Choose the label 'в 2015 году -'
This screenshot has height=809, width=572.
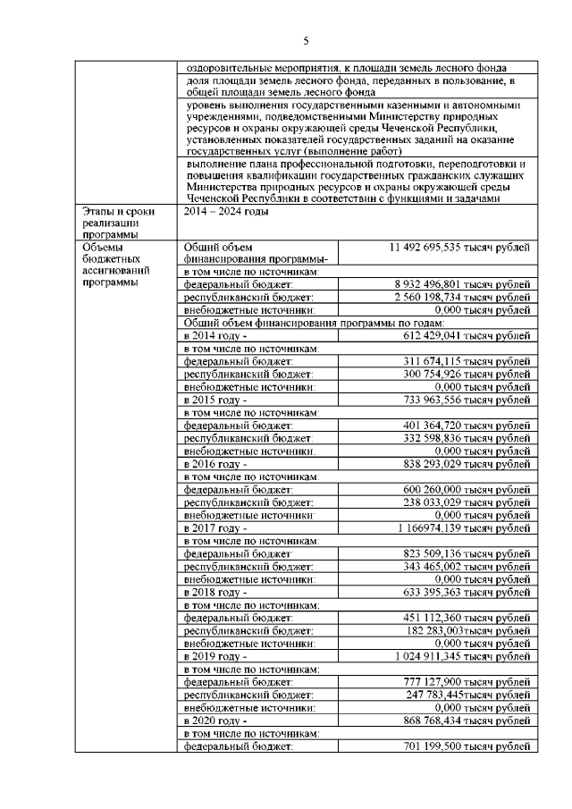click(x=214, y=400)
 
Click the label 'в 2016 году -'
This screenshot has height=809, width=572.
click(x=214, y=465)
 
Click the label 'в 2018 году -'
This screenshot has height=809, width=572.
click(x=214, y=593)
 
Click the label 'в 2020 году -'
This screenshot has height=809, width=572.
click(x=214, y=721)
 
